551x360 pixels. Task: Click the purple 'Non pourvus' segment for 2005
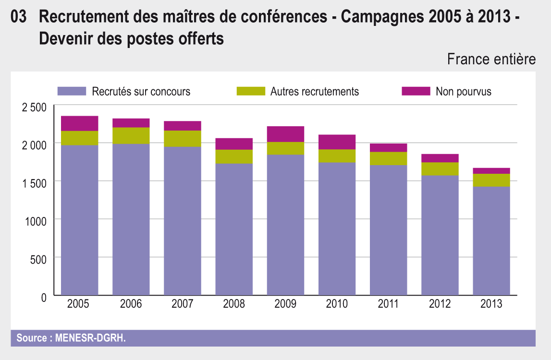click(80, 123)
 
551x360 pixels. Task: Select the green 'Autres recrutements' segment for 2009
click(285, 148)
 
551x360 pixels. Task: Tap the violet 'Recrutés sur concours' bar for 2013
click(491, 240)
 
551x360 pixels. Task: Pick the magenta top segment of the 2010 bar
click(337, 142)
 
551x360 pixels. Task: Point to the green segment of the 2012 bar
click(440, 169)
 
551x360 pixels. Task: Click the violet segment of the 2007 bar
click(183, 221)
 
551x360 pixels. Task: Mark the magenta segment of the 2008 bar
click(234, 144)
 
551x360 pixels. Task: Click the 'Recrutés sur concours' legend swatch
click(72, 91)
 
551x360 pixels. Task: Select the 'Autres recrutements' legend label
click(315, 91)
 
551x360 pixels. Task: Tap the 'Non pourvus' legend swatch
click(416, 91)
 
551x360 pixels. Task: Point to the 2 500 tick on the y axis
click(34, 107)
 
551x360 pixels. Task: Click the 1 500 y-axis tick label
click(34, 182)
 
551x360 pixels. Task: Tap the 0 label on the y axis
click(44, 298)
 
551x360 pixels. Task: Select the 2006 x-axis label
click(131, 304)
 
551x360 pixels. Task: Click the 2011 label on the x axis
click(388, 304)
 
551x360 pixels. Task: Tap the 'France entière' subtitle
click(491, 60)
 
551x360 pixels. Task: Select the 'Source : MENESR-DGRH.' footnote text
click(71, 338)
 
